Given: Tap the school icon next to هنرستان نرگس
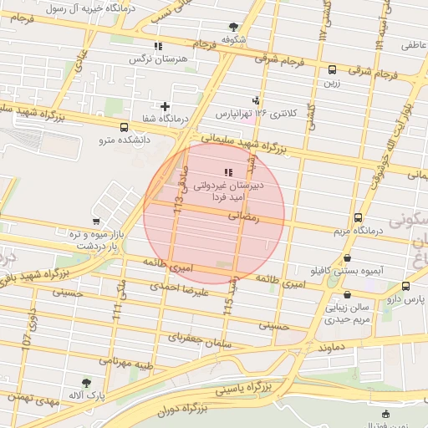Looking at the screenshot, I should tap(157, 47).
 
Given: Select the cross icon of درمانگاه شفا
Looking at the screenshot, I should tap(165, 106).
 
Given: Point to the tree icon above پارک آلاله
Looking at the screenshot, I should tap(86, 382).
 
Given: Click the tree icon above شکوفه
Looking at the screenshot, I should tap(232, 27).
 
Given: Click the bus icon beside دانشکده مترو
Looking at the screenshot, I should tap(125, 128).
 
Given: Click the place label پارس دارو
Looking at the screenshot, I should tap(410, 298).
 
